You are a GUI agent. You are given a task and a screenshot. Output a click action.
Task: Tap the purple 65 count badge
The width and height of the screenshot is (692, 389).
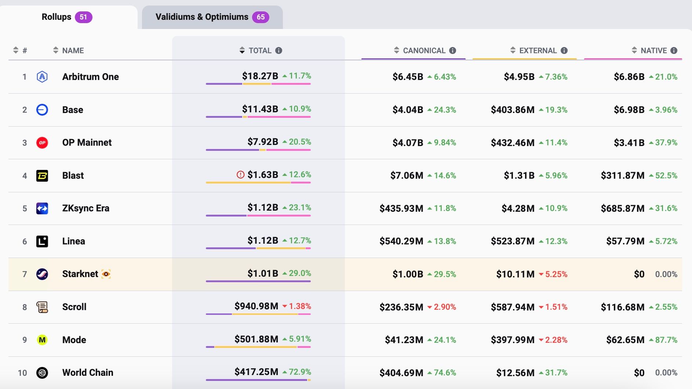[x=261, y=17]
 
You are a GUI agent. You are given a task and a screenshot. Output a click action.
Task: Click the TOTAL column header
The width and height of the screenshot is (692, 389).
[x=260, y=51]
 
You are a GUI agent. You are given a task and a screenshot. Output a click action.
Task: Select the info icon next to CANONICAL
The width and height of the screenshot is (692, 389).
[x=453, y=51]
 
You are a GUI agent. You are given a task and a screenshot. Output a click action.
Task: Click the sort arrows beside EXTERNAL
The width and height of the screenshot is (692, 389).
[x=513, y=50]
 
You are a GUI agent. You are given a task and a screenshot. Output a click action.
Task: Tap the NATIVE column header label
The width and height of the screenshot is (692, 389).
[x=653, y=51]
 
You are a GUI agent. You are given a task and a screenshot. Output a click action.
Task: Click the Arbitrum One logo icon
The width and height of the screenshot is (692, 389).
[x=42, y=77]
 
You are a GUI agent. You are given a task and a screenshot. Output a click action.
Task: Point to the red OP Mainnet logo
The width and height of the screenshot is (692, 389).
[x=42, y=143]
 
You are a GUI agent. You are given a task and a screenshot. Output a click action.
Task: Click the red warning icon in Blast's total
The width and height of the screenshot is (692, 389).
[x=240, y=175]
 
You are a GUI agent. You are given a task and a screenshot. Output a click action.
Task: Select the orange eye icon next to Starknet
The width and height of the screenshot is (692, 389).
[x=106, y=274]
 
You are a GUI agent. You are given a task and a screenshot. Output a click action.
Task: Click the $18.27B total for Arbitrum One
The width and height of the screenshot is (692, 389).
[x=260, y=76]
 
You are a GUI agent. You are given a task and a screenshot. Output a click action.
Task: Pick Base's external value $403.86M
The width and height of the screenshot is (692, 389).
[x=512, y=110]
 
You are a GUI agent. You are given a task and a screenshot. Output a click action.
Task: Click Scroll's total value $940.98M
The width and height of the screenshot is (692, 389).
[x=256, y=306]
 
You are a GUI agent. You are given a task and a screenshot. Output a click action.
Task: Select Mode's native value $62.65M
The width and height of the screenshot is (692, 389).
[x=625, y=340]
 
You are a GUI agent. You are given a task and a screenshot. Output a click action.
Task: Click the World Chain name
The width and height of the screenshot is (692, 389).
[x=88, y=372]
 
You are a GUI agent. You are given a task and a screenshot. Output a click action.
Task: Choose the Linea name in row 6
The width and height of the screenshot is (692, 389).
[x=73, y=241]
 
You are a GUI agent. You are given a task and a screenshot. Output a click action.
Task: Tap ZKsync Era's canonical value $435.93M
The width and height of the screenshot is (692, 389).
[x=401, y=208]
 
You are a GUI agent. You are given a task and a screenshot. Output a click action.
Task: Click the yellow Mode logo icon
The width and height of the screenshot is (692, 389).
[x=42, y=340]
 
